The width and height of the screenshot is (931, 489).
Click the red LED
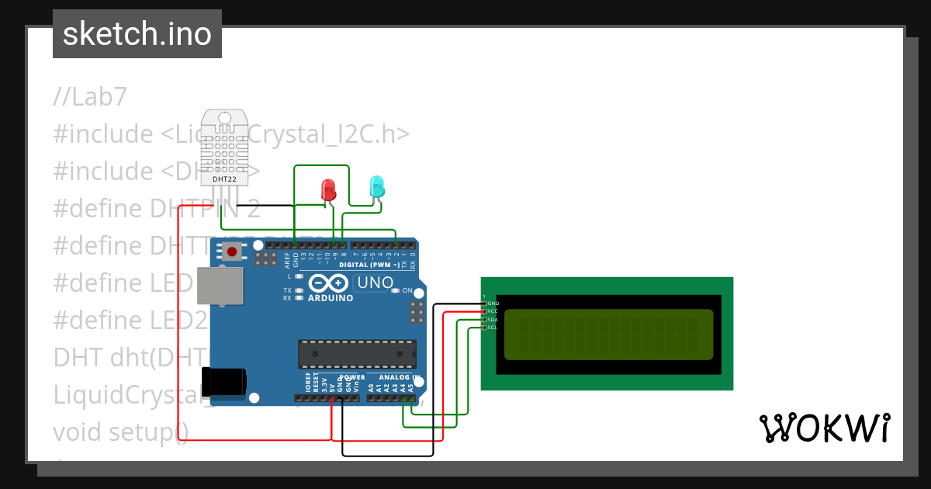pyautogui.click(x=328, y=189)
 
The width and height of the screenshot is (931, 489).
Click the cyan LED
pyautogui.click(x=376, y=186)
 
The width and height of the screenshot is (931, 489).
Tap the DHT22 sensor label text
pyautogui.click(x=224, y=179)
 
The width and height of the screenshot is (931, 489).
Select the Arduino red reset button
pyautogui.click(x=231, y=251)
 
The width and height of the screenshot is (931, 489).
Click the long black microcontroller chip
pyautogui.click(x=356, y=353)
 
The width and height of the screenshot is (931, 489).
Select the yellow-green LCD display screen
pyautogui.click(x=608, y=335)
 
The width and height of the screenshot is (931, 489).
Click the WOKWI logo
pyautogui.click(x=824, y=428)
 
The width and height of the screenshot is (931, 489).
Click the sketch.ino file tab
pyautogui.click(x=137, y=34)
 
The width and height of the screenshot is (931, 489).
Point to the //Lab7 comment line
pyautogui.click(x=89, y=97)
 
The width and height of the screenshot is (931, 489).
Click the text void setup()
pyautogui.click(x=120, y=432)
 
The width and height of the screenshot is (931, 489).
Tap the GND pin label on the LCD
pyautogui.click(x=493, y=303)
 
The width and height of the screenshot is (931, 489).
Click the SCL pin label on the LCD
pyautogui.click(x=492, y=328)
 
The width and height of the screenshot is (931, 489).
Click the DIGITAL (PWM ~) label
pyautogui.click(x=369, y=265)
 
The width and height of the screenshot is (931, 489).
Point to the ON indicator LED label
pyautogui.click(x=407, y=290)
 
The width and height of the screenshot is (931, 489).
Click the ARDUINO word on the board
pyautogui.click(x=331, y=298)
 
